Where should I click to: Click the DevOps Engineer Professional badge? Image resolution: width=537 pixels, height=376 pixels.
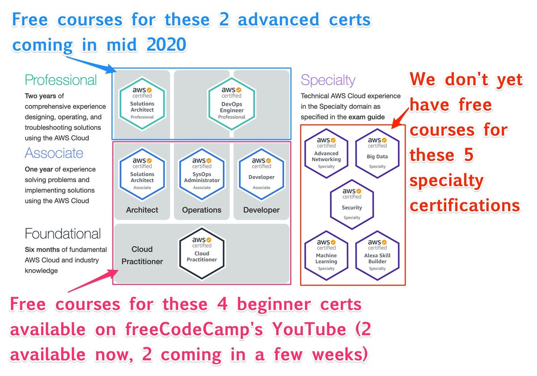[x=232, y=103]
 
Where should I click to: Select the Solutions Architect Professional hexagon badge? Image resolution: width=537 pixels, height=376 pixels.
[x=142, y=103]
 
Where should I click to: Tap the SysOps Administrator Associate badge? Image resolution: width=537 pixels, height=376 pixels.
[x=202, y=174]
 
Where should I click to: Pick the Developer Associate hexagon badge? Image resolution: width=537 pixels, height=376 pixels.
[x=261, y=174]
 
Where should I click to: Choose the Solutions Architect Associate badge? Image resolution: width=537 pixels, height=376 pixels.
[x=142, y=174]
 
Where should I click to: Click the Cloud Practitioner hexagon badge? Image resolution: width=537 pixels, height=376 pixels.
[x=202, y=252]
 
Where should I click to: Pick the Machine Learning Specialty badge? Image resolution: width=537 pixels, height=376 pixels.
[x=327, y=255]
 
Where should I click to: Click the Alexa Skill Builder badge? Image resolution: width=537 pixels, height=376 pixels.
[x=377, y=255]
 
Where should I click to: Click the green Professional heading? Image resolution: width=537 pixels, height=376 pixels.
[x=61, y=81]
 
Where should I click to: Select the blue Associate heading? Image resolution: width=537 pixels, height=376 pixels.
[x=54, y=153]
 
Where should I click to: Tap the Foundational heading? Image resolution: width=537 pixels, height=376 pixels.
[x=63, y=234]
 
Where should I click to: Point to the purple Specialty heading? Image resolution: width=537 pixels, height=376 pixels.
[x=328, y=81]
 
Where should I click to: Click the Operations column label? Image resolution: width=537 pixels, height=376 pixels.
[x=202, y=210]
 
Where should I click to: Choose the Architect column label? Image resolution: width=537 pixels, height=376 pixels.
[x=142, y=210]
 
